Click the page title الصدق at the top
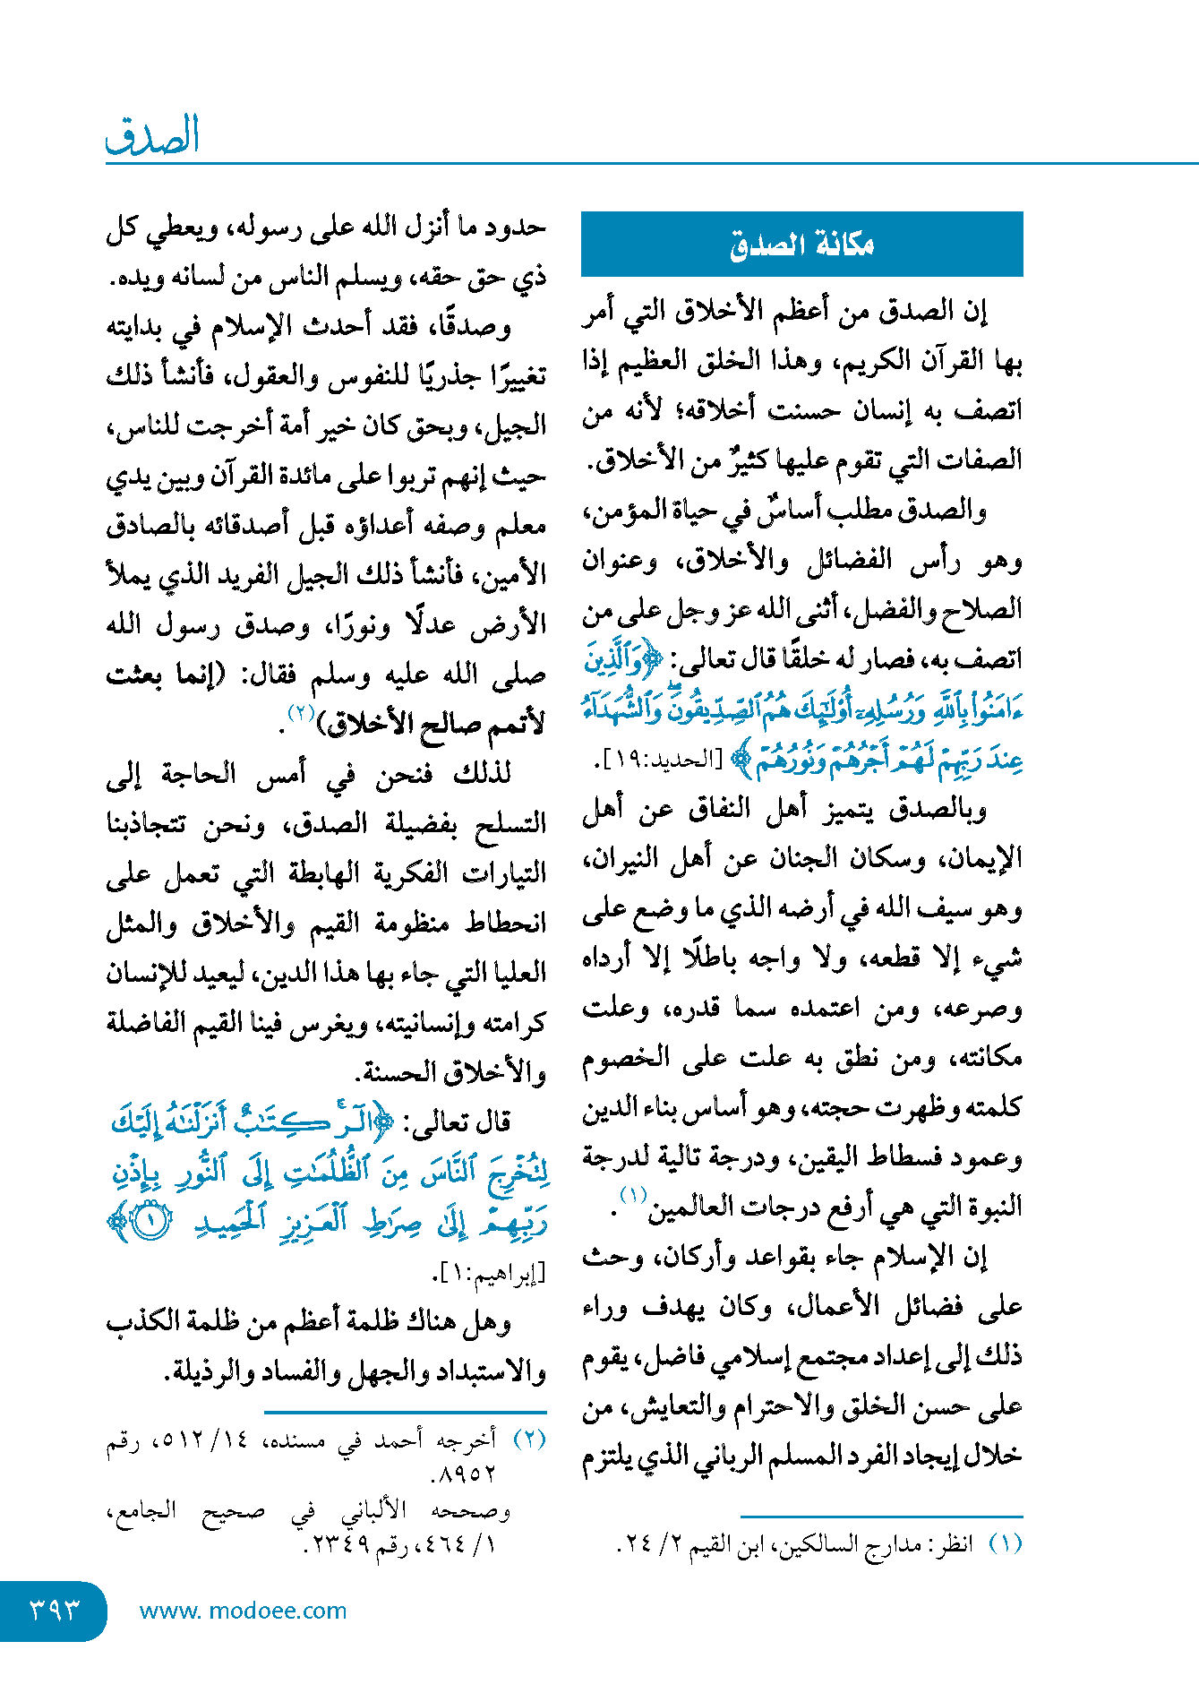point(152,136)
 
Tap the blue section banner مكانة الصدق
point(801,244)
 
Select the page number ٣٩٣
point(54,1610)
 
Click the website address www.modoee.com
point(243,1611)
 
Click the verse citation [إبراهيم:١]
point(491,1272)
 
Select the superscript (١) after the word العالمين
point(633,1195)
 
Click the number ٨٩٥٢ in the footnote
point(465,1474)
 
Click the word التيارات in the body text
point(504,873)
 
